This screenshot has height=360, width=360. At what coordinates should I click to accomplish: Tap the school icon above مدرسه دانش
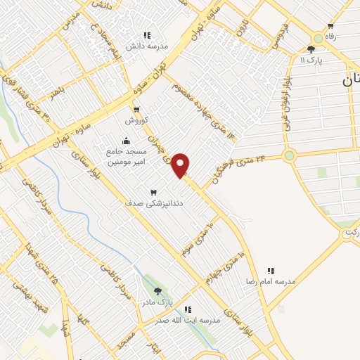(147, 35)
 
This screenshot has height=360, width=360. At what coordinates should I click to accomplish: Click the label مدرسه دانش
(148, 46)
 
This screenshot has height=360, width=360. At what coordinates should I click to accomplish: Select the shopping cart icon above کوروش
(137, 110)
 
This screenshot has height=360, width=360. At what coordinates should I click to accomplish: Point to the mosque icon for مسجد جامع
(126, 141)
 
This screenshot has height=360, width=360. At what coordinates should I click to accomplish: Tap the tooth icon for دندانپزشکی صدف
(153, 192)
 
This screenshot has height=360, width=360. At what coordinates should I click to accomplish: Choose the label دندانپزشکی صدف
(143, 202)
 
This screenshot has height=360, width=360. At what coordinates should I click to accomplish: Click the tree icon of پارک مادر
(157, 291)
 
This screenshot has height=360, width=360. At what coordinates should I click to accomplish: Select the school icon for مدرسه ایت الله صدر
(188, 309)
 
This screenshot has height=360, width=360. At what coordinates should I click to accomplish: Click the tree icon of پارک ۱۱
(311, 49)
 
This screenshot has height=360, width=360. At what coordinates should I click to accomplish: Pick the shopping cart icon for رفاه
(330, 26)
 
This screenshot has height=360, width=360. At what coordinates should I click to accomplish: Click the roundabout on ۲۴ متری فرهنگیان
(289, 155)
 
